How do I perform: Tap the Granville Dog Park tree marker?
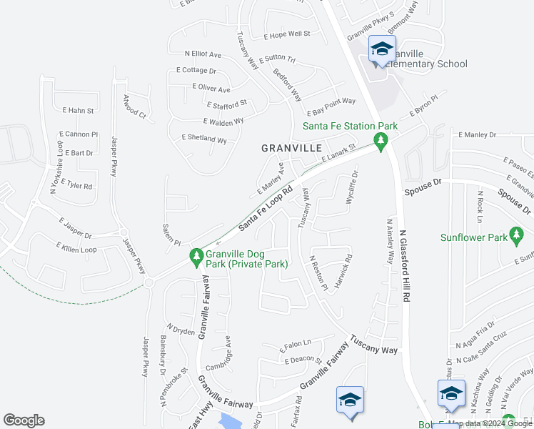point(196,256)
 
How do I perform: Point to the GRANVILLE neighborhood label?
point(291,148)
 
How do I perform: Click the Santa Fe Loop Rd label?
point(266,209)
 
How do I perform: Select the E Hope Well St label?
point(287,34)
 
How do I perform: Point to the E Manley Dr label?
point(478,134)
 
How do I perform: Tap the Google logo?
point(24,420)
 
